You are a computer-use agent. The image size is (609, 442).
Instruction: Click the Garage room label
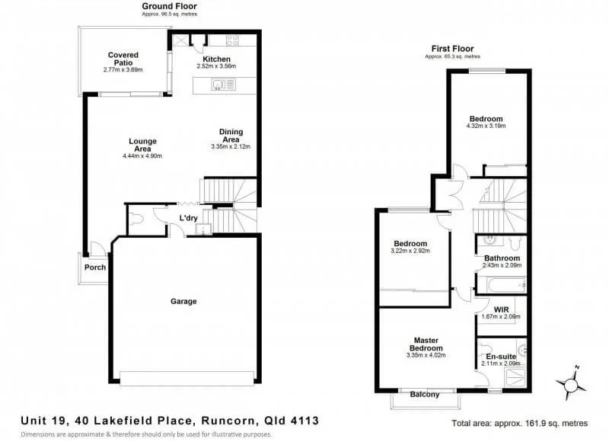point(183,301)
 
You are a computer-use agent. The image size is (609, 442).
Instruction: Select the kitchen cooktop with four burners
point(233,40)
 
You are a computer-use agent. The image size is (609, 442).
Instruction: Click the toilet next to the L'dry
point(136,219)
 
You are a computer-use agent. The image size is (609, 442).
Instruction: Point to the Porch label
point(95,267)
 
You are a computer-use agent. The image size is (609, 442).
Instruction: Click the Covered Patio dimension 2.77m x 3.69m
point(123,70)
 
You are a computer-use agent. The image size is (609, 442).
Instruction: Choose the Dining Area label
point(231,136)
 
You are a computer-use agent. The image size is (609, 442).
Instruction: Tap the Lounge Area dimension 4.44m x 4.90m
point(142,156)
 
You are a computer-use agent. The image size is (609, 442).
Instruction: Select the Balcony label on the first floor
point(425,394)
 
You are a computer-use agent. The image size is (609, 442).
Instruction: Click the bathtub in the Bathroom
point(502,285)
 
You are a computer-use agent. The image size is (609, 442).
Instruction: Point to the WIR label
point(501,310)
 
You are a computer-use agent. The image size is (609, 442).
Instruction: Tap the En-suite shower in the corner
point(515,377)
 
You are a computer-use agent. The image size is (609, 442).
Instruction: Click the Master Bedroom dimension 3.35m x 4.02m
point(426,355)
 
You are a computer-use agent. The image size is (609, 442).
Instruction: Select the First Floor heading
point(452,49)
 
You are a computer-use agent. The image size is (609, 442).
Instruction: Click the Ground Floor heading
point(169,6)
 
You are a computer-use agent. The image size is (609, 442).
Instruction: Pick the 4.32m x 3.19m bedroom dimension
point(486,126)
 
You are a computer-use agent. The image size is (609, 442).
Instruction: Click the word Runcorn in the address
point(229,421)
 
